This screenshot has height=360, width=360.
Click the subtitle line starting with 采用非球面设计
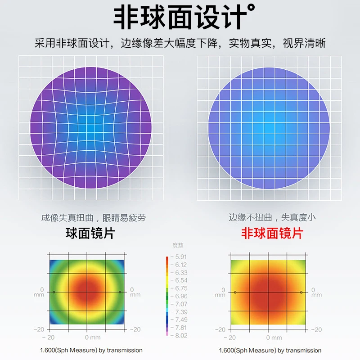tap(180, 44)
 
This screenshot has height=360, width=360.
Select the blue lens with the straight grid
tap(269, 127)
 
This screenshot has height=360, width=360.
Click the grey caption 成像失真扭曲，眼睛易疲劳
tap(93, 218)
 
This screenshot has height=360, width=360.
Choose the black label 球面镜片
tap(90, 234)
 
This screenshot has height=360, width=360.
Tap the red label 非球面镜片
tap(272, 234)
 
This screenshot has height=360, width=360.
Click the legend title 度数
tap(178, 245)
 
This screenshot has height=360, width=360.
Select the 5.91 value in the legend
tap(181, 257)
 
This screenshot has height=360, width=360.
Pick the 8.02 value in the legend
tap(181, 335)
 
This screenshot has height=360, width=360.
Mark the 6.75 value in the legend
tap(181, 288)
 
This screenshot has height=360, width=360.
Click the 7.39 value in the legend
tap(181, 312)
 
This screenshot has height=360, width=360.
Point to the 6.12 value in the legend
tap(181, 265)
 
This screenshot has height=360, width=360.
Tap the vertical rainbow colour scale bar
tap(167, 296)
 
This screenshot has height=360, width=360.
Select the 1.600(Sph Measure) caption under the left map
tap(91, 350)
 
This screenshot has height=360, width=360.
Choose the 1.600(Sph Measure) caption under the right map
tap(270, 350)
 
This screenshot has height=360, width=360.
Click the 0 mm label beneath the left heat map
tap(93, 337)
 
